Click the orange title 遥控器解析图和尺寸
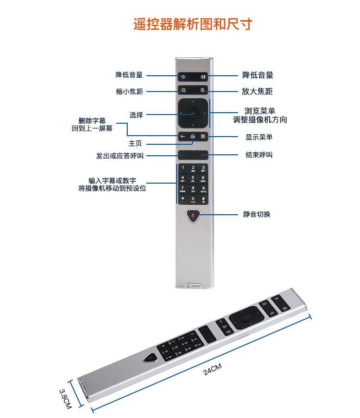pos(192,24)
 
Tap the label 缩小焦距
pos(130,92)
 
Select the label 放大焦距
pos(258,92)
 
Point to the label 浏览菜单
pos(260,111)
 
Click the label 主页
pos(135,143)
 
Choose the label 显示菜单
pos(259,137)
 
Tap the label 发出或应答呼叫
pos(120,156)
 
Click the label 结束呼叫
pos(259,155)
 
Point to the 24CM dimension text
pos(212,371)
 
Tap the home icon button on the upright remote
pos(192,137)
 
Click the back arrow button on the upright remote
pos(183,137)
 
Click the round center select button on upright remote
pos(193,113)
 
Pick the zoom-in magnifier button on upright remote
pos(203,90)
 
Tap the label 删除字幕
pos(96,122)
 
